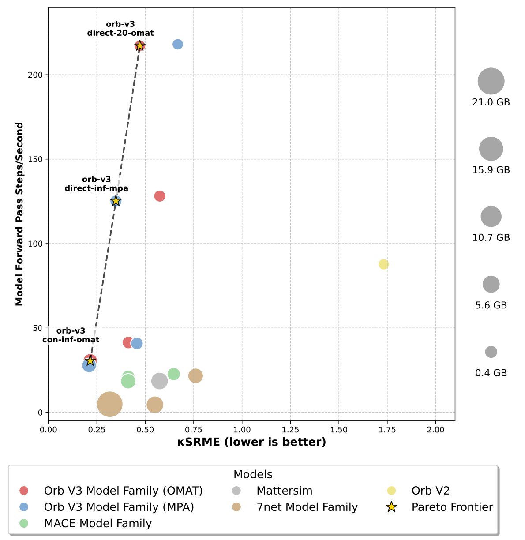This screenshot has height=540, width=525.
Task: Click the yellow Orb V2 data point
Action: coord(383,264)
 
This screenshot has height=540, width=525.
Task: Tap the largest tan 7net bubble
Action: coord(110,404)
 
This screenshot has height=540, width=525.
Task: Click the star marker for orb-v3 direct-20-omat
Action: coord(140,46)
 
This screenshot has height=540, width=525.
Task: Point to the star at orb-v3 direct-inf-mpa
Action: coord(116,201)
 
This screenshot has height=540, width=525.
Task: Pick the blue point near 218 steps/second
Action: coord(178,45)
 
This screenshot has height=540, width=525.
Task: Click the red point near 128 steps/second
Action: coord(160,196)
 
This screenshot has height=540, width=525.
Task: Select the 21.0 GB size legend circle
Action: coord(491,82)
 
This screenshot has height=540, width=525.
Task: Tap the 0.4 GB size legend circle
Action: coord(491,352)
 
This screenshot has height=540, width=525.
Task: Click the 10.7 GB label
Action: coord(491,238)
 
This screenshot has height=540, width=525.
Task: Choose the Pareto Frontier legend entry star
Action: coord(391,507)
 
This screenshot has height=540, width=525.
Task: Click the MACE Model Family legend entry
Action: coord(97,523)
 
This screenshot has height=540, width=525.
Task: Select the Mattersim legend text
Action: coord(284,491)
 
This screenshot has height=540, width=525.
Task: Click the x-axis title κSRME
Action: coord(251,442)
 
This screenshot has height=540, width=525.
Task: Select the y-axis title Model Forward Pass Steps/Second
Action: coord(19,214)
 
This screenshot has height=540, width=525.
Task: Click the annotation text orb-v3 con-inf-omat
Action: coord(71,335)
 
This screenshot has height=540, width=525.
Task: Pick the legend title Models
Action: coord(253,475)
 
